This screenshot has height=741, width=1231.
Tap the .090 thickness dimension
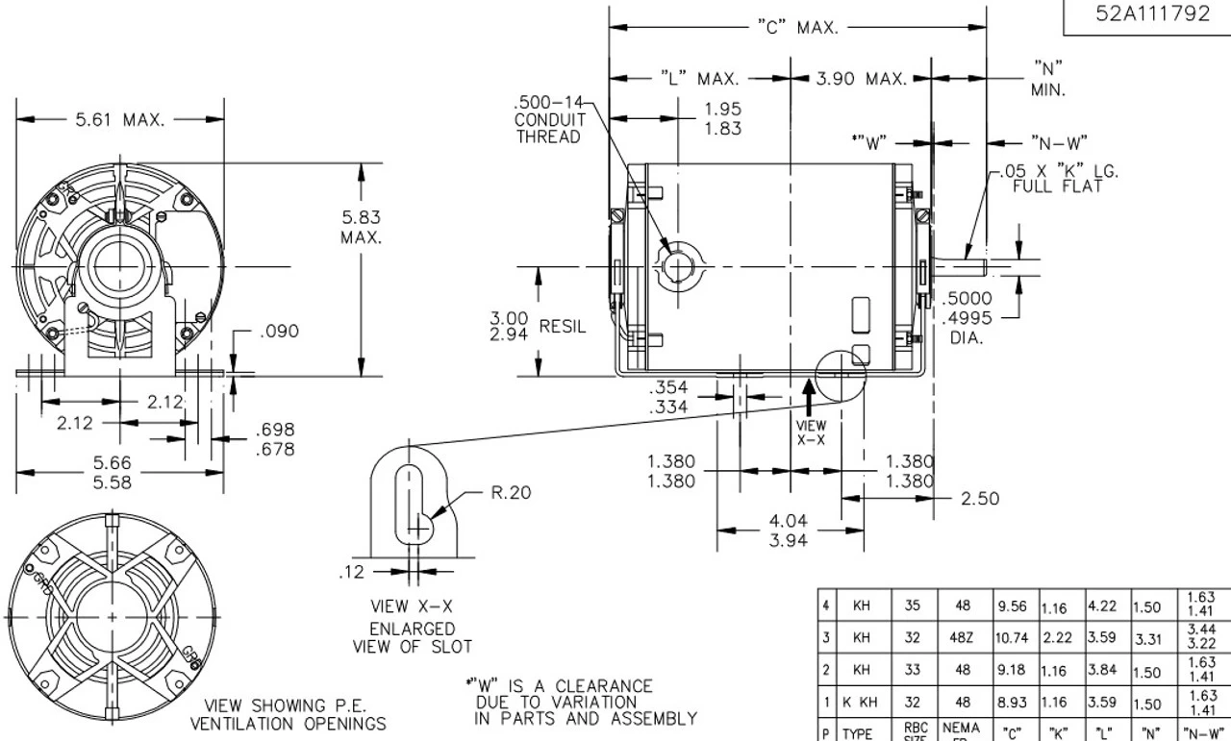coord(279,332)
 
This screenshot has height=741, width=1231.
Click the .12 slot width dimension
coord(351,572)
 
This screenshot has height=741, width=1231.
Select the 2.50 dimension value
coord(980,498)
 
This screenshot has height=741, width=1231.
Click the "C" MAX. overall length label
coord(797,28)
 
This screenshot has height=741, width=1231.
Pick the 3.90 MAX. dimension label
coord(861,79)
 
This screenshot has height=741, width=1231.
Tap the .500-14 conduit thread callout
coord(548,120)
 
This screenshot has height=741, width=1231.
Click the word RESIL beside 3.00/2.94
coord(562,327)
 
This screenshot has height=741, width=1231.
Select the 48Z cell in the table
coord(961,637)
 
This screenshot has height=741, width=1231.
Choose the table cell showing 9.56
coord(1013,606)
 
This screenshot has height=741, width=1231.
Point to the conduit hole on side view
coord(681,261)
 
